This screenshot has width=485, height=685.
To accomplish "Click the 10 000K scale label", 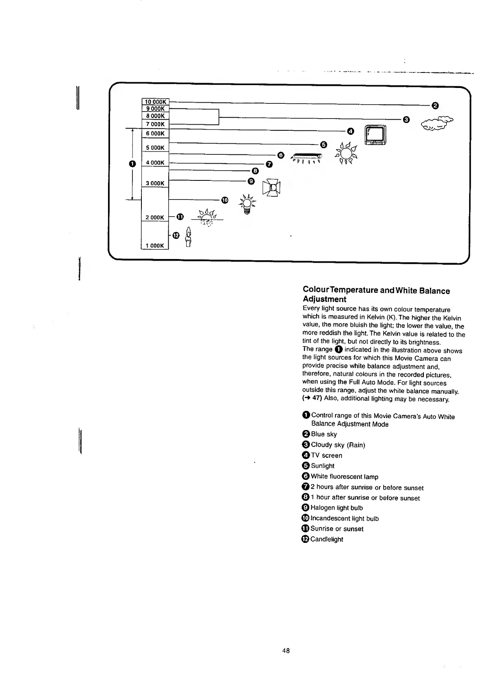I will tap(155, 102).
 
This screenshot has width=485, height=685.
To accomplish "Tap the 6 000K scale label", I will tap(155, 134).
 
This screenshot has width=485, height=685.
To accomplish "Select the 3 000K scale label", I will tap(155, 183).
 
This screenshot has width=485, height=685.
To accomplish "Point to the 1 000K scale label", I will tap(155, 246).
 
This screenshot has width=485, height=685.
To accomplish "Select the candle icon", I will tap(188, 237).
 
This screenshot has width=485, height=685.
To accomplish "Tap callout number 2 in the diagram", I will tap(435, 106).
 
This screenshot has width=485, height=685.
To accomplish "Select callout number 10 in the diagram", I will tap(225, 200).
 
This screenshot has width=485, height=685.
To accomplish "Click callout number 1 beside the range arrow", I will tap(132, 164).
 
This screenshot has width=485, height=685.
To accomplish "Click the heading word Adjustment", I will tap(324, 299).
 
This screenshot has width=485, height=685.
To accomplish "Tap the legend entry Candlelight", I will tap(326, 539).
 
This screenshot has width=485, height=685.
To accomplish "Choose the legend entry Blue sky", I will tap(324, 434).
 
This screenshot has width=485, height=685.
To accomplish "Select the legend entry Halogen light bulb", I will tap(336, 508).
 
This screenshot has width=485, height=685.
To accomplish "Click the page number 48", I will tap(286, 650).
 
